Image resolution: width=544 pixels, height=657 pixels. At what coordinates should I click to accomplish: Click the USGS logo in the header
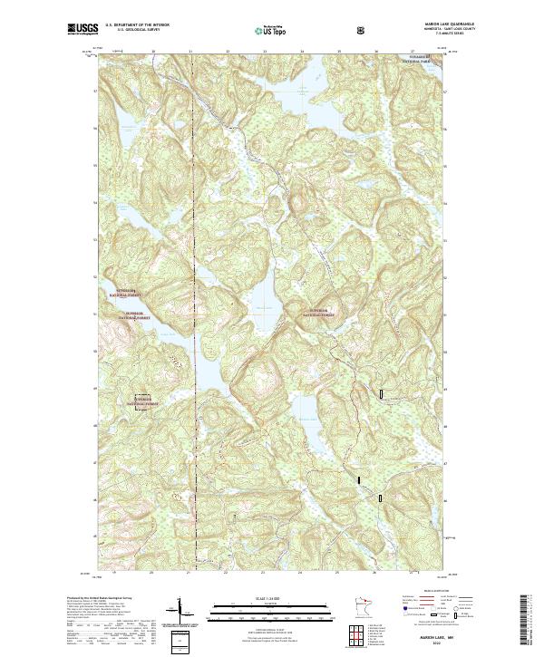pyautogui.click(x=83, y=30)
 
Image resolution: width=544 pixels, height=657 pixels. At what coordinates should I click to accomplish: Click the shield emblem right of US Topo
pyautogui.click(x=362, y=31)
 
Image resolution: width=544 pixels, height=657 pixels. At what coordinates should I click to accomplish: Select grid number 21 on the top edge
pyautogui.click(x=190, y=52)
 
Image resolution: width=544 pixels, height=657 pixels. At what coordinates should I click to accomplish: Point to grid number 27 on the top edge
pyautogui.click(x=413, y=52)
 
